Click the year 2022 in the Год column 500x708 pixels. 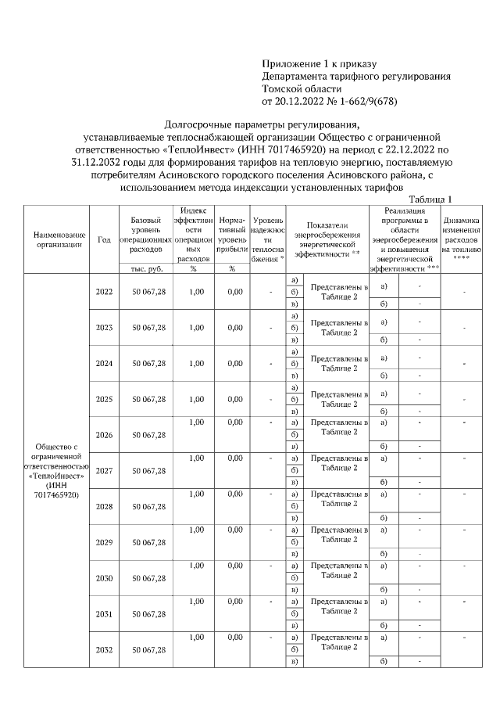pyautogui.click(x=104, y=292)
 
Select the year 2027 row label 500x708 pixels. pyautogui.click(x=104, y=471)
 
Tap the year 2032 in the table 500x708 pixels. pyautogui.click(x=104, y=650)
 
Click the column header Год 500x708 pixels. pyautogui.click(x=104, y=239)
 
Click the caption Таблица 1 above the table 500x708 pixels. pyautogui.click(x=430, y=199)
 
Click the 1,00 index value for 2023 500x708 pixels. pyautogui.click(x=196, y=328)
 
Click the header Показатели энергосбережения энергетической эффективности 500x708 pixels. pyautogui.click(x=327, y=239)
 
